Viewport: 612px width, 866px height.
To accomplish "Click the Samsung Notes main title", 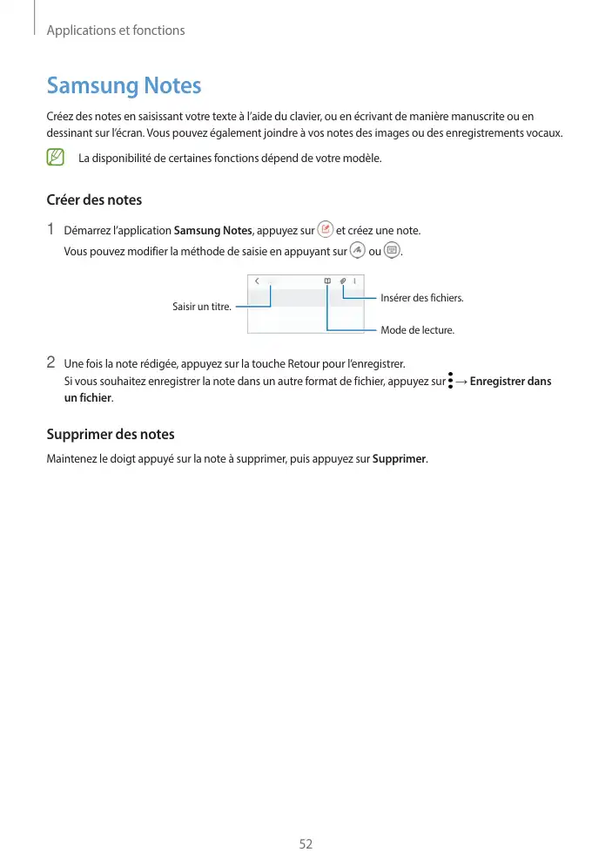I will pos(124,86).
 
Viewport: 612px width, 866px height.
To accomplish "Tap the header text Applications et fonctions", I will pos(116,30).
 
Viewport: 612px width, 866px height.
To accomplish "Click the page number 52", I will pos(306,844).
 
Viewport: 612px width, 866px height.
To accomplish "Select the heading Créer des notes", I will pos(94,200).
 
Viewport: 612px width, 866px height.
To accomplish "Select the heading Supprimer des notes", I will pos(110,434).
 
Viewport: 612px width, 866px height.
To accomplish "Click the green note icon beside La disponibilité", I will pos(56,158).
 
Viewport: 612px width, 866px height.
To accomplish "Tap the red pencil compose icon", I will pos(326,229).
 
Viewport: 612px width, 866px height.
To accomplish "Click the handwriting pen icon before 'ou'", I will pos(357,251).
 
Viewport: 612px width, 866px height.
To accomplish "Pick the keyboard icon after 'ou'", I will pos(391,251).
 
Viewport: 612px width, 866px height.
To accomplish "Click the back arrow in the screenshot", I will pos(257,281).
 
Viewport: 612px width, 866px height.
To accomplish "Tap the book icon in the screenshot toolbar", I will pos(326,281).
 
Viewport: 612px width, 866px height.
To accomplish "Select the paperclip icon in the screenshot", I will pos(343,281).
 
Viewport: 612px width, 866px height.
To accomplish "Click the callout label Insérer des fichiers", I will pos(422,299).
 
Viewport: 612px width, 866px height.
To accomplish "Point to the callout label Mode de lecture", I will pos(418,331).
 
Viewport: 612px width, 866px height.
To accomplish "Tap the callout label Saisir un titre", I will pos(201,307).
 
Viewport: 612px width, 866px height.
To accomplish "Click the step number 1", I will pos(51,230).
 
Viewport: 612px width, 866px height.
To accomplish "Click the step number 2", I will pos(51,362).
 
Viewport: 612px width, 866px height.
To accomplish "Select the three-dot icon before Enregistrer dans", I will pos(452,382).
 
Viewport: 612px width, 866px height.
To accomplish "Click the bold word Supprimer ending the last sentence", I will pos(399,459).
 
